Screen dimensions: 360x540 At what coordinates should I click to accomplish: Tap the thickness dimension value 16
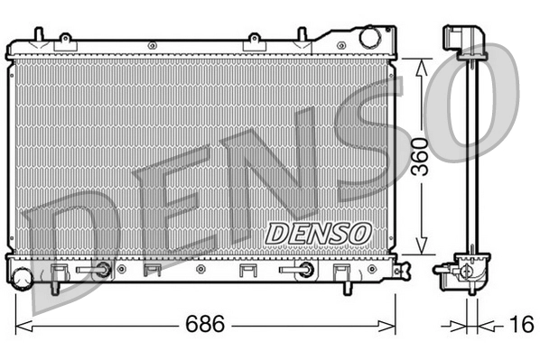(x=519, y=324)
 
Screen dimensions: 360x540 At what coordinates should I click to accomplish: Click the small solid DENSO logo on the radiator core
(x=318, y=232)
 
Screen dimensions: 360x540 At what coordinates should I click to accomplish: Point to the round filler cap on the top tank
(x=371, y=38)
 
